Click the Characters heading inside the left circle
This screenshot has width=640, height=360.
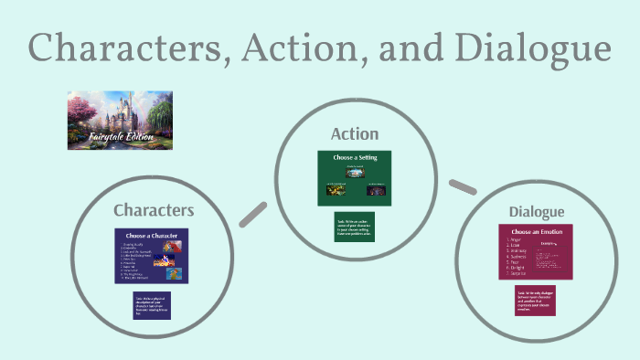point(154,210)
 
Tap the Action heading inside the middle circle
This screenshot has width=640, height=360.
point(354,134)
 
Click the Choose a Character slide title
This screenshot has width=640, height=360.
point(153,236)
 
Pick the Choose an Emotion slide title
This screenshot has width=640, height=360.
point(534,232)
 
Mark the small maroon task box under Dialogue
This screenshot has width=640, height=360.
point(535,301)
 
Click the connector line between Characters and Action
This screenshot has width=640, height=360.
point(252,214)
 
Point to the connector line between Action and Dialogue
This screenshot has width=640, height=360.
point(464,187)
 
